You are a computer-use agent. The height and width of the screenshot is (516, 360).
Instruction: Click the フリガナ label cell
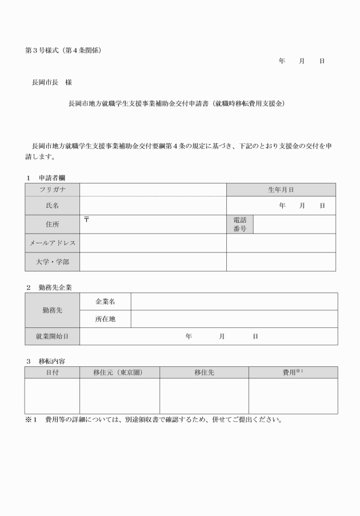[52, 190]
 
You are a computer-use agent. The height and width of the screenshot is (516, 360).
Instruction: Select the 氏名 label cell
[52, 206]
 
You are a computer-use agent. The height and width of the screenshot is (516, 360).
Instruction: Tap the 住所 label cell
[52, 224]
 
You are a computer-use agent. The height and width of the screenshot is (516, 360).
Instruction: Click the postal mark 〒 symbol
[86, 219]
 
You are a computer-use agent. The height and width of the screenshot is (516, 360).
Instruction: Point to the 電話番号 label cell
[239, 224]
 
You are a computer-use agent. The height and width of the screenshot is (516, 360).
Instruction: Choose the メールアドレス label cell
[52, 243]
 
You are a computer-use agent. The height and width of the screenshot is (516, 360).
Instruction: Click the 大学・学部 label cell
[52, 262]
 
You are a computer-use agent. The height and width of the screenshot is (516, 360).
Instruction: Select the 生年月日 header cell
[281, 190]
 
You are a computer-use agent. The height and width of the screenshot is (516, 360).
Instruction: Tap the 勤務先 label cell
[52, 310]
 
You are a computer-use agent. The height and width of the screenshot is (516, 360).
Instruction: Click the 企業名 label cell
[105, 301]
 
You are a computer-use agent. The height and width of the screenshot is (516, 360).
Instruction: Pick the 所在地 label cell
[105, 319]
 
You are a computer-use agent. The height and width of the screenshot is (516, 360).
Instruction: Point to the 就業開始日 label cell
[52, 337]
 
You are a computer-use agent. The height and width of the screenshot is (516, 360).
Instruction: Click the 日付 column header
[52, 373]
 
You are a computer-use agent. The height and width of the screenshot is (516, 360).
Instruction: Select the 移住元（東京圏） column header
[119, 373]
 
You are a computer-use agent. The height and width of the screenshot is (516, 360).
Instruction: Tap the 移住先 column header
[204, 373]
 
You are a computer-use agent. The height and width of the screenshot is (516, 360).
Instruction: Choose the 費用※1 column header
[293, 373]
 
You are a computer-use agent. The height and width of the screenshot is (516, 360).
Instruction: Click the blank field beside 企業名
[234, 301]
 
